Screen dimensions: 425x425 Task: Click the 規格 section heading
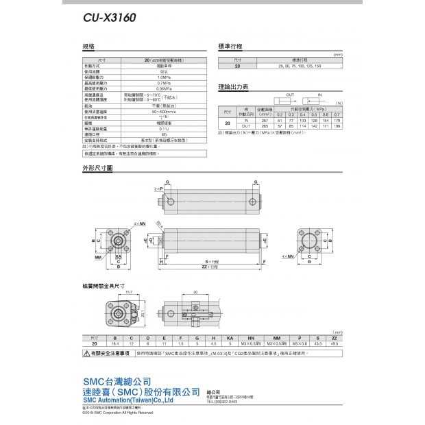coord(87,47)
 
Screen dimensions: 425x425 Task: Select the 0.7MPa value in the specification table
coord(164,83)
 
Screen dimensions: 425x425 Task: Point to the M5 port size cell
coord(164,134)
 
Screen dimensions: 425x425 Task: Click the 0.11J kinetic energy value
coord(164,128)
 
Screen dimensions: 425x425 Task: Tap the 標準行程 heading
coord(230,47)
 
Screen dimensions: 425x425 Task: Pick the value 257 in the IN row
coord(265,120)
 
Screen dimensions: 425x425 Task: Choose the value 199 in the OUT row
coord(337,126)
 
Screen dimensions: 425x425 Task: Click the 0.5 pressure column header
coord(313,114)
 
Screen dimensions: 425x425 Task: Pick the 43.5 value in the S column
coord(317,343)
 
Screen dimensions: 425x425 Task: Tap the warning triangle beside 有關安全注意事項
coord(86,354)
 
